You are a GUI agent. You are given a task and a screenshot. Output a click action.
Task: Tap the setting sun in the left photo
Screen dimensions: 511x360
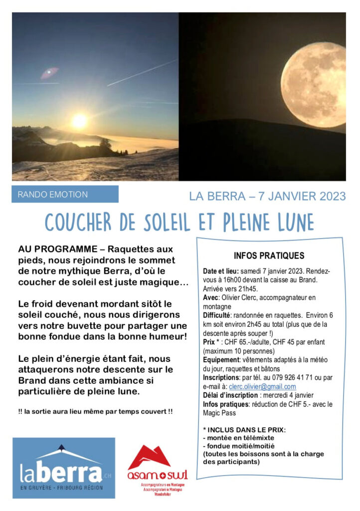(79, 121)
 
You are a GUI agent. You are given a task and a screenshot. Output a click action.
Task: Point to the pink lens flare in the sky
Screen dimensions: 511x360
(49, 73)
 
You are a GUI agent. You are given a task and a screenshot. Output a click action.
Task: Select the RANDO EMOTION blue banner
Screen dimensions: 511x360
(65, 194)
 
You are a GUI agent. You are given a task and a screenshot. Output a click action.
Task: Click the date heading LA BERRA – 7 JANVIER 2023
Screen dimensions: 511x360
(267, 196)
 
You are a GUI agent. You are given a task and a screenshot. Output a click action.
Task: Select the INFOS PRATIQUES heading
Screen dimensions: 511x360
(269, 256)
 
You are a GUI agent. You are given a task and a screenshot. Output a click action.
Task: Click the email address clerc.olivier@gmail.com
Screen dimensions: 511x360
(262, 387)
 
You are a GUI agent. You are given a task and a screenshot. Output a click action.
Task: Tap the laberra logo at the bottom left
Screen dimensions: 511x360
(63, 468)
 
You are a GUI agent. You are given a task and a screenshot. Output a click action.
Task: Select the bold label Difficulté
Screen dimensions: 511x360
(216, 315)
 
